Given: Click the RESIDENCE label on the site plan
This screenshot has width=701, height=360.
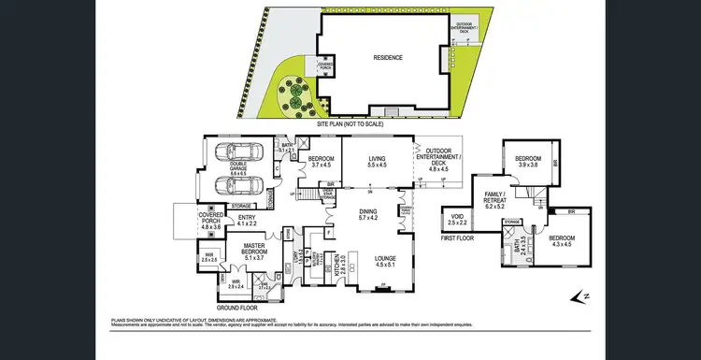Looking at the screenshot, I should point(389,56).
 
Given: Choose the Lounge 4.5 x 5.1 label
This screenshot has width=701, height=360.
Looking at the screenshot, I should point(385,261).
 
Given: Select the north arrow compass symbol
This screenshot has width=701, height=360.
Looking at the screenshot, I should point(580,297).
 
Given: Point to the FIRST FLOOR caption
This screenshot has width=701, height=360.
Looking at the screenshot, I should point(460,238).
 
